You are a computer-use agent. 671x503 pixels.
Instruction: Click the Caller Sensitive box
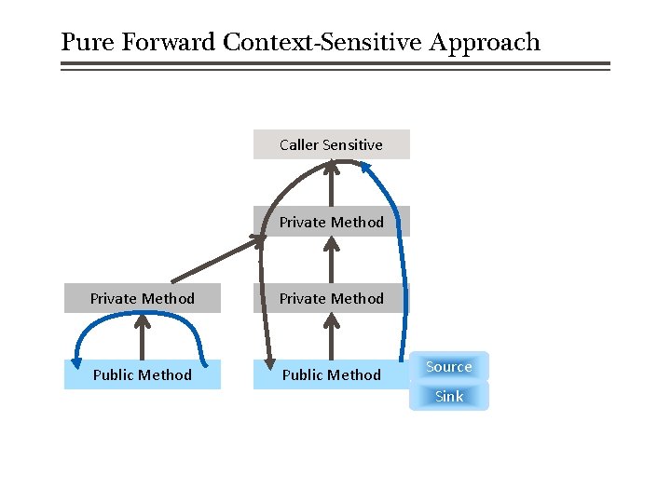click(331, 144)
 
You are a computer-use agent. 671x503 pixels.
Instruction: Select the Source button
click(448, 367)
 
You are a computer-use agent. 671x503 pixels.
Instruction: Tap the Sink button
click(448, 397)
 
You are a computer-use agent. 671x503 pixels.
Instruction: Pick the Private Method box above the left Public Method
click(142, 298)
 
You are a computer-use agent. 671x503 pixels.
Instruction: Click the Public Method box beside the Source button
click(331, 374)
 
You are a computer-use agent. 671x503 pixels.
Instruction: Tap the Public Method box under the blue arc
click(142, 374)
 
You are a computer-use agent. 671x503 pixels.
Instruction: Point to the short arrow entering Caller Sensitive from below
click(331, 184)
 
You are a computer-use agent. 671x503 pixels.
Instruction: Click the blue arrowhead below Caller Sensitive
click(366, 169)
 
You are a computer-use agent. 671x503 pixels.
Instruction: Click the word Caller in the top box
click(298, 144)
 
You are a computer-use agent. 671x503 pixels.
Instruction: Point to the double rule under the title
click(335, 66)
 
